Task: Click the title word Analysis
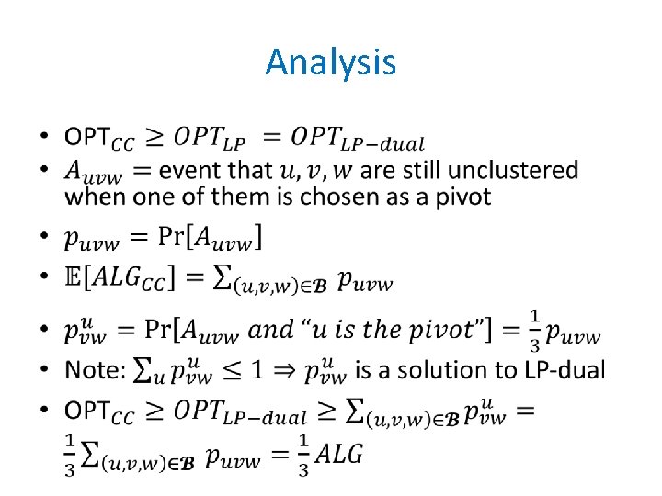[331, 62]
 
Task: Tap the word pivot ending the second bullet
[458, 197]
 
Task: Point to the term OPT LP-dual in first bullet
[357, 139]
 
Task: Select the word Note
[92, 370]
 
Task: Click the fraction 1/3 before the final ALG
[303, 456]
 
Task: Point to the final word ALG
[340, 455]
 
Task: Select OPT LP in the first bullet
[210, 139]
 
